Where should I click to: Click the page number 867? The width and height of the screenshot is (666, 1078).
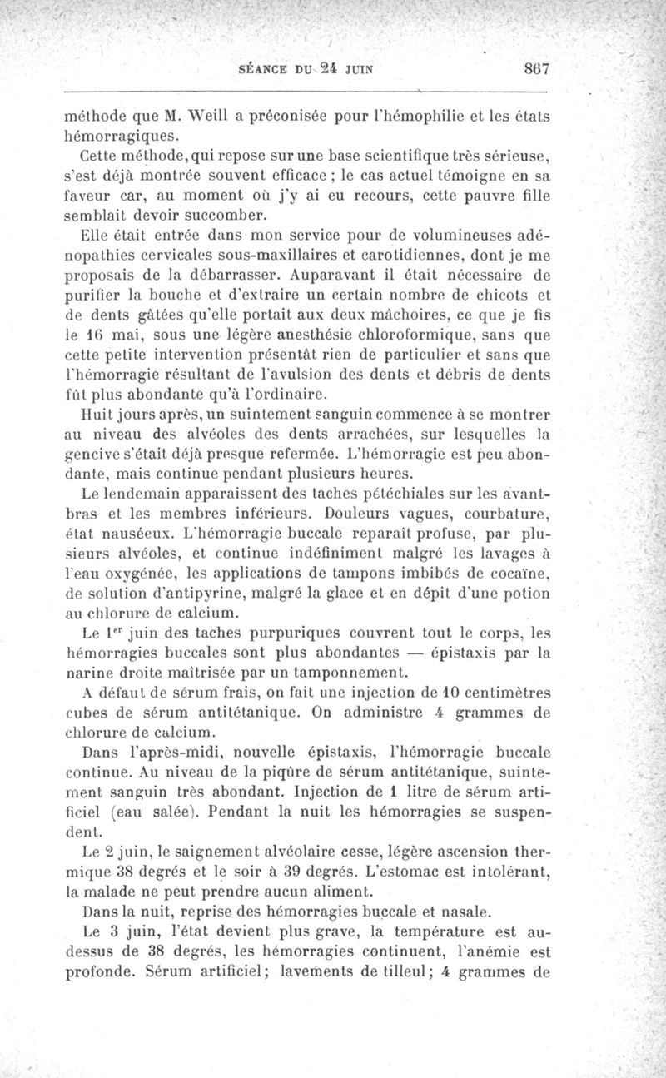pyautogui.click(x=529, y=70)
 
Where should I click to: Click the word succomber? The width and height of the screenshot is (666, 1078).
pyautogui.click(x=213, y=214)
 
